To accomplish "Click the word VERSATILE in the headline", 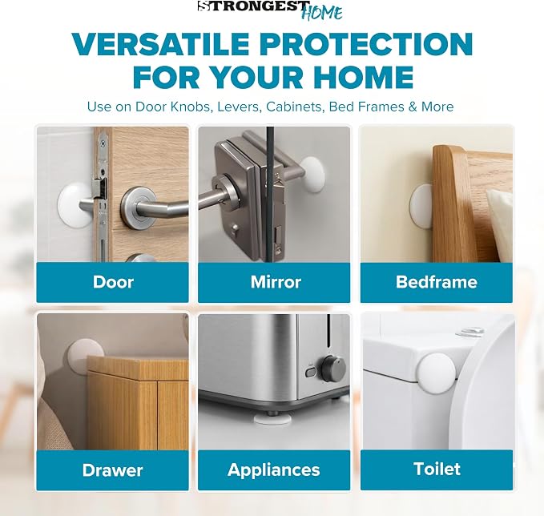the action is coord(160,44).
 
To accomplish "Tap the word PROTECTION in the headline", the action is coord(366,44).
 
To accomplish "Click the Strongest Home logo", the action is coord(270,10).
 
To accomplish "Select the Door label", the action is coord(113,282).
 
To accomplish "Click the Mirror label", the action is coord(276,282).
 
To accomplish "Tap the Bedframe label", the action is coord(437,282).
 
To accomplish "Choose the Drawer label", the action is coord(112,470).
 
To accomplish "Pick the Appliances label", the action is coord(274,470).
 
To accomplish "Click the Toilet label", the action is coord(437,469).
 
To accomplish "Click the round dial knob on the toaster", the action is coord(334,368).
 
